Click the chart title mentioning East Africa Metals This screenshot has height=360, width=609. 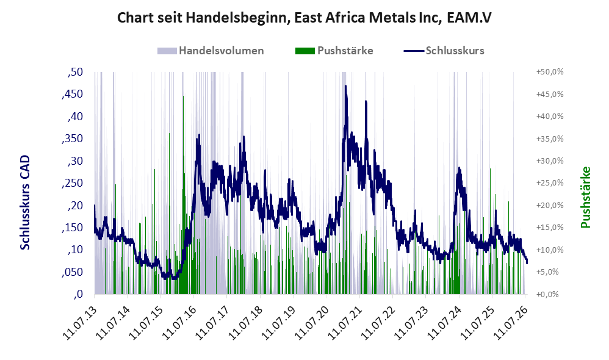click(304, 18)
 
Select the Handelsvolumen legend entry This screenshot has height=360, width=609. click(211, 51)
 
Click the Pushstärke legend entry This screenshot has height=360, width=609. click(334, 51)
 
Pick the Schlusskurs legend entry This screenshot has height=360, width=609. click(444, 51)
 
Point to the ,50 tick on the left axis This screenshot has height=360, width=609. click(75, 72)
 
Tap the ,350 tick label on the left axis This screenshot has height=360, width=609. click(73, 139)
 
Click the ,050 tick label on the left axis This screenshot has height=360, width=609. click(73, 272)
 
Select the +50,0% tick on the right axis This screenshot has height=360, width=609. click(550, 72)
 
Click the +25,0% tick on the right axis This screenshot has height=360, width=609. click(550, 183)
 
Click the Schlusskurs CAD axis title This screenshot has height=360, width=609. click(25, 203)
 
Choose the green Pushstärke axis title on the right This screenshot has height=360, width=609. click(585, 197)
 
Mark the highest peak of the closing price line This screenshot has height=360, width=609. click(345, 86)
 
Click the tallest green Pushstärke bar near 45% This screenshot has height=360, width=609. click(183, 194)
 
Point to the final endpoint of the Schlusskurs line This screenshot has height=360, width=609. click(527, 263)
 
